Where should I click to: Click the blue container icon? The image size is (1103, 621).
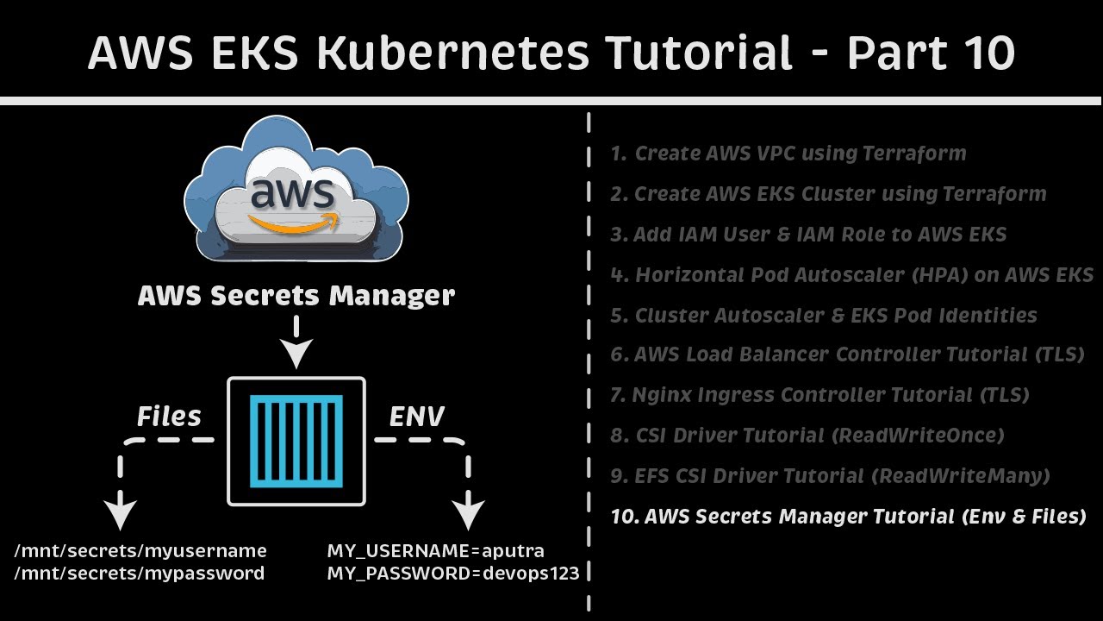296,441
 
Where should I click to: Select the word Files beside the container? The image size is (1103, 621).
169,417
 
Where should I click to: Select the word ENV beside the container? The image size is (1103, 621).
416,417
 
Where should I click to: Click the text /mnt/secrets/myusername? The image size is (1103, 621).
140,550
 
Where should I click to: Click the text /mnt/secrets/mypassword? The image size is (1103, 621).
140,573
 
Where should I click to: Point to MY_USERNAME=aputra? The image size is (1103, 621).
435,550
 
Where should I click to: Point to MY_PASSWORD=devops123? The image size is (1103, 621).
453,573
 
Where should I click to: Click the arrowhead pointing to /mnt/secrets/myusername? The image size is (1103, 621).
121,514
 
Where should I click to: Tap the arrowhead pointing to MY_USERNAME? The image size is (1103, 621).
469,514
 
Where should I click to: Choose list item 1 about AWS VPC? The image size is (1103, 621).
788,154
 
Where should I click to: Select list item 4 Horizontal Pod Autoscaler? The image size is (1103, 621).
851,275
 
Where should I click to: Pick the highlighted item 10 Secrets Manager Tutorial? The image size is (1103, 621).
848,517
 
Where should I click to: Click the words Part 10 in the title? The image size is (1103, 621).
931,53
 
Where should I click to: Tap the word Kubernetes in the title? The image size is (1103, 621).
452,53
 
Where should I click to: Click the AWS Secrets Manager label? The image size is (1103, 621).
296,296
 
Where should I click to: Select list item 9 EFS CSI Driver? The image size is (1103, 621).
830,476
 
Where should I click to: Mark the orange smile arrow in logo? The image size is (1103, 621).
294,224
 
